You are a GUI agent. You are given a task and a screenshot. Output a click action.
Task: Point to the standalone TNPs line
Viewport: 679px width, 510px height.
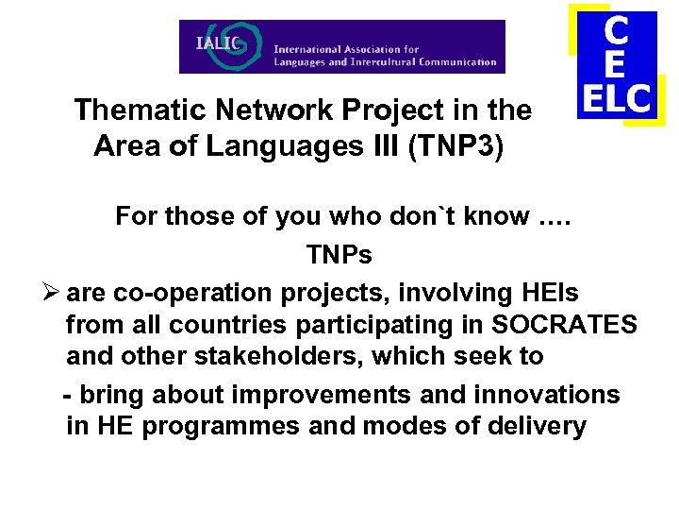(x=339, y=255)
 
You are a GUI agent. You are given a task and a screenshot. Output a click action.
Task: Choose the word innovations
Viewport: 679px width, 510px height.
(x=552, y=394)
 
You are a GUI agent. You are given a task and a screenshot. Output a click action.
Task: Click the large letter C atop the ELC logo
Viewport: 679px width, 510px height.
(x=616, y=30)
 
